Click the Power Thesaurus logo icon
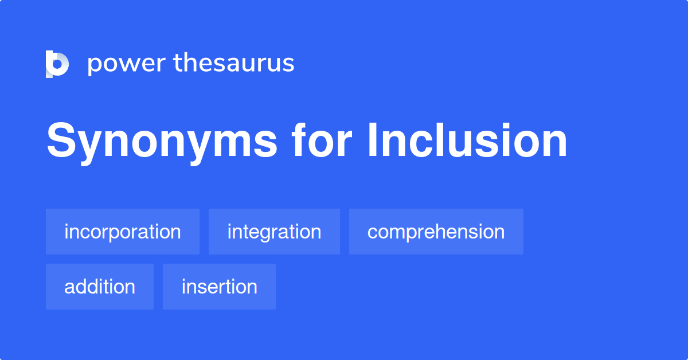click(57, 64)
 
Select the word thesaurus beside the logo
click(234, 63)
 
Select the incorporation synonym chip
click(123, 232)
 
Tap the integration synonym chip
click(274, 232)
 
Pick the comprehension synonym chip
click(436, 232)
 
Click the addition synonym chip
click(100, 287)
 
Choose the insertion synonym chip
click(219, 287)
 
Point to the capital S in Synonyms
click(61, 140)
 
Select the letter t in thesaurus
click(179, 63)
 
